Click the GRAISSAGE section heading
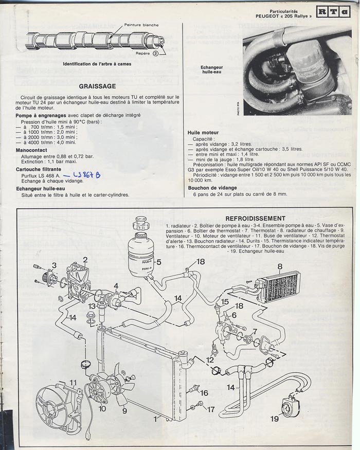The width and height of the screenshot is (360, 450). pos(98,86)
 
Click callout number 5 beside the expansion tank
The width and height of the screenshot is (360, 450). pos(159,262)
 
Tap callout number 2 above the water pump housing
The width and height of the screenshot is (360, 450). pos(85,260)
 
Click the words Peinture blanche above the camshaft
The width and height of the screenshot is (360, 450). pos(141,25)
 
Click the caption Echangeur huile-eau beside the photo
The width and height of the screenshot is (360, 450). pos(211,70)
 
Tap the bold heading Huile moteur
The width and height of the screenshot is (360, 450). pos(203,133)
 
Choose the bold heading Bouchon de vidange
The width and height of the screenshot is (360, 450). pos(212,189)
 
